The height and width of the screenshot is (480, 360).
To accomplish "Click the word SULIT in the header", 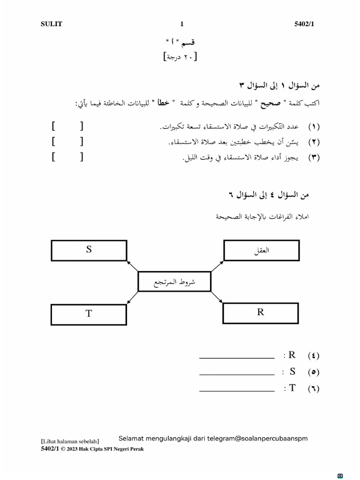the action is coord(51,24).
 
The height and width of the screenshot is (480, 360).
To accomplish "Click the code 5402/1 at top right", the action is coord(304,24).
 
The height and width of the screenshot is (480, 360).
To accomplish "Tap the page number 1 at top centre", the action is coord(182,24).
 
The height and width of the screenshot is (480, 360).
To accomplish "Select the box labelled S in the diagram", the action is coord(89,250).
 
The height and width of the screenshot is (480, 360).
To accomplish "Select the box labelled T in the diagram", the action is coord(89,314).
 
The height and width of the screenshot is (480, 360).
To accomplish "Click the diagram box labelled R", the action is coord(261,313).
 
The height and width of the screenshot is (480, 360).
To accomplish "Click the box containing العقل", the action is coord(261,250).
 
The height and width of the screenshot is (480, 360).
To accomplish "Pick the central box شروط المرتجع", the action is coord(174,282).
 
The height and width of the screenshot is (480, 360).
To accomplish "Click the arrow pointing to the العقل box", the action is coord(217,266).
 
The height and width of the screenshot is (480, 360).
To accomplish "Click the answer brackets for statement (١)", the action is coord(68,126).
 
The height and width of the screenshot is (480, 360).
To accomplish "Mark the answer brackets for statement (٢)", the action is coord(68,142).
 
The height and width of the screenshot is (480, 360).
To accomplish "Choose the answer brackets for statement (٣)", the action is coord(68,157).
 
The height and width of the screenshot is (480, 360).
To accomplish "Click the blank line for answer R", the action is coord(237,358).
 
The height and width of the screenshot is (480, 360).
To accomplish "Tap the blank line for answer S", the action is coord(237,375).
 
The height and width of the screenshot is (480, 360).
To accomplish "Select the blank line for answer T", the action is coord(237,390).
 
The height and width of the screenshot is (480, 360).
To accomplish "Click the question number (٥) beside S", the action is coord(314,373).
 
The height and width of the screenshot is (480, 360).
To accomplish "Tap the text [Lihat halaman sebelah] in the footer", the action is coord(70,441).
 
